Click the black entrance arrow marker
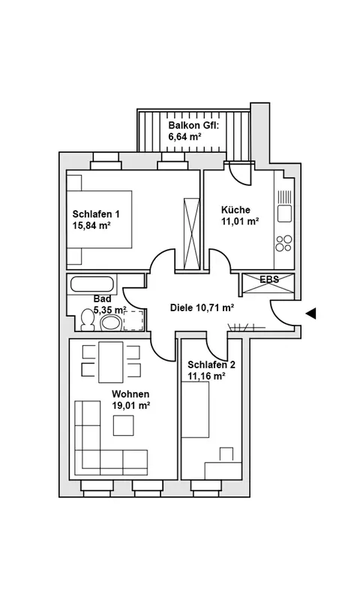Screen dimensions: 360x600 pyautogui.click(x=310, y=313)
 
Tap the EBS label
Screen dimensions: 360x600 pyautogui.click(x=269, y=279)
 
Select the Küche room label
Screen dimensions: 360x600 pyautogui.click(x=235, y=210)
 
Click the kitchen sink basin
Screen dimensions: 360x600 pyautogui.click(x=285, y=213)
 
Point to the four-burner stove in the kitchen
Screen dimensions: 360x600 pyautogui.click(x=283, y=243)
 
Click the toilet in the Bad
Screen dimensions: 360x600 pyautogui.click(x=88, y=319)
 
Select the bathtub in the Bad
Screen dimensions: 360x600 pyautogui.click(x=92, y=284)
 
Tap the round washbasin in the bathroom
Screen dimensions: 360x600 pyautogui.click(x=110, y=323)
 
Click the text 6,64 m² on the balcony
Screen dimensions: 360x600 pyautogui.click(x=184, y=136)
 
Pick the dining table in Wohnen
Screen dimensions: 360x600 pyautogui.click(x=110, y=362)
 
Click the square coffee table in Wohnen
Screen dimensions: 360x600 pyautogui.click(x=124, y=425)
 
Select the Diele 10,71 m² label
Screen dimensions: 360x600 pyautogui.click(x=202, y=307)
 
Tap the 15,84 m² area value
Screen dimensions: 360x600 pyautogui.click(x=91, y=226)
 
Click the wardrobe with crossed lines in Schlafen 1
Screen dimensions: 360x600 pyautogui.click(x=192, y=233)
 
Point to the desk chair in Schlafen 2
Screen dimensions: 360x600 pyautogui.click(x=226, y=454)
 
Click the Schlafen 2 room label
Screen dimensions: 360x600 pyautogui.click(x=211, y=364)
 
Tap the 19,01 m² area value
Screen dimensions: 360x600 pyautogui.click(x=130, y=406)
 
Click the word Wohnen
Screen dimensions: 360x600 pyautogui.click(x=130, y=394)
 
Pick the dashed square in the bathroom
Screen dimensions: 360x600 pyautogui.click(x=133, y=321)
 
